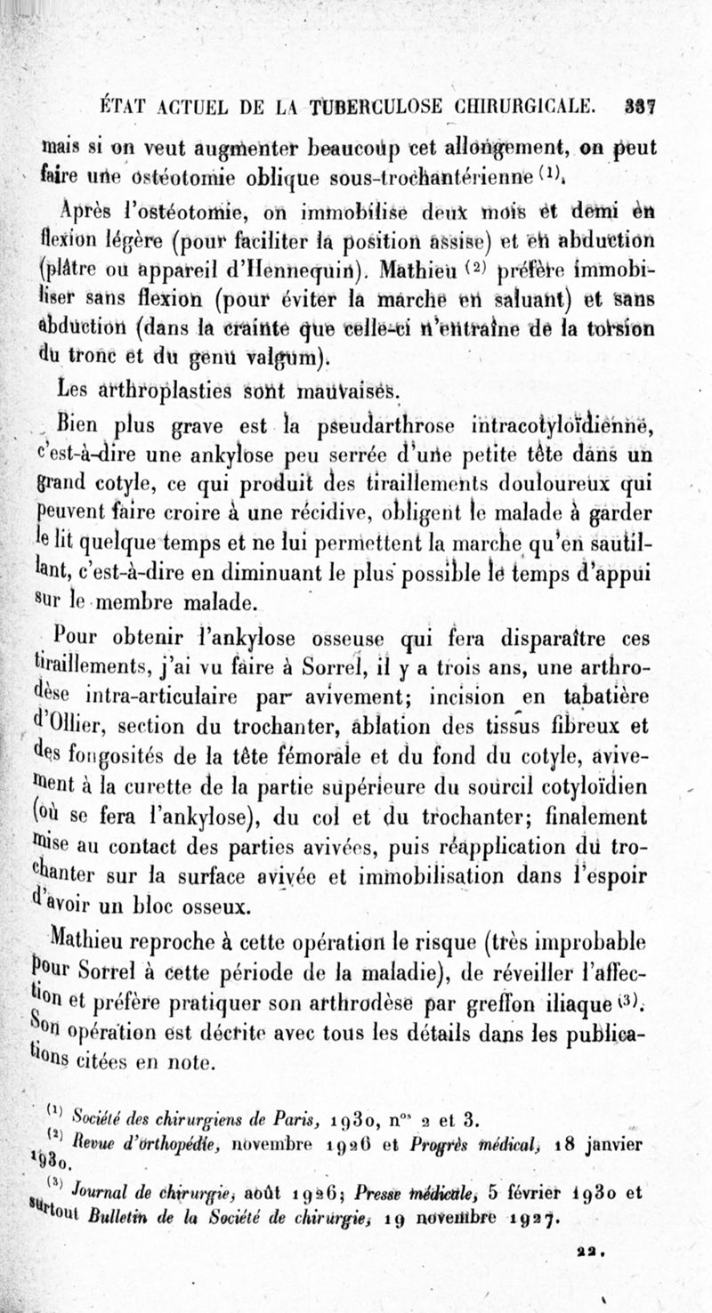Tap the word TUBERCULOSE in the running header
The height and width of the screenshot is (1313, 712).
click(x=349, y=108)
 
